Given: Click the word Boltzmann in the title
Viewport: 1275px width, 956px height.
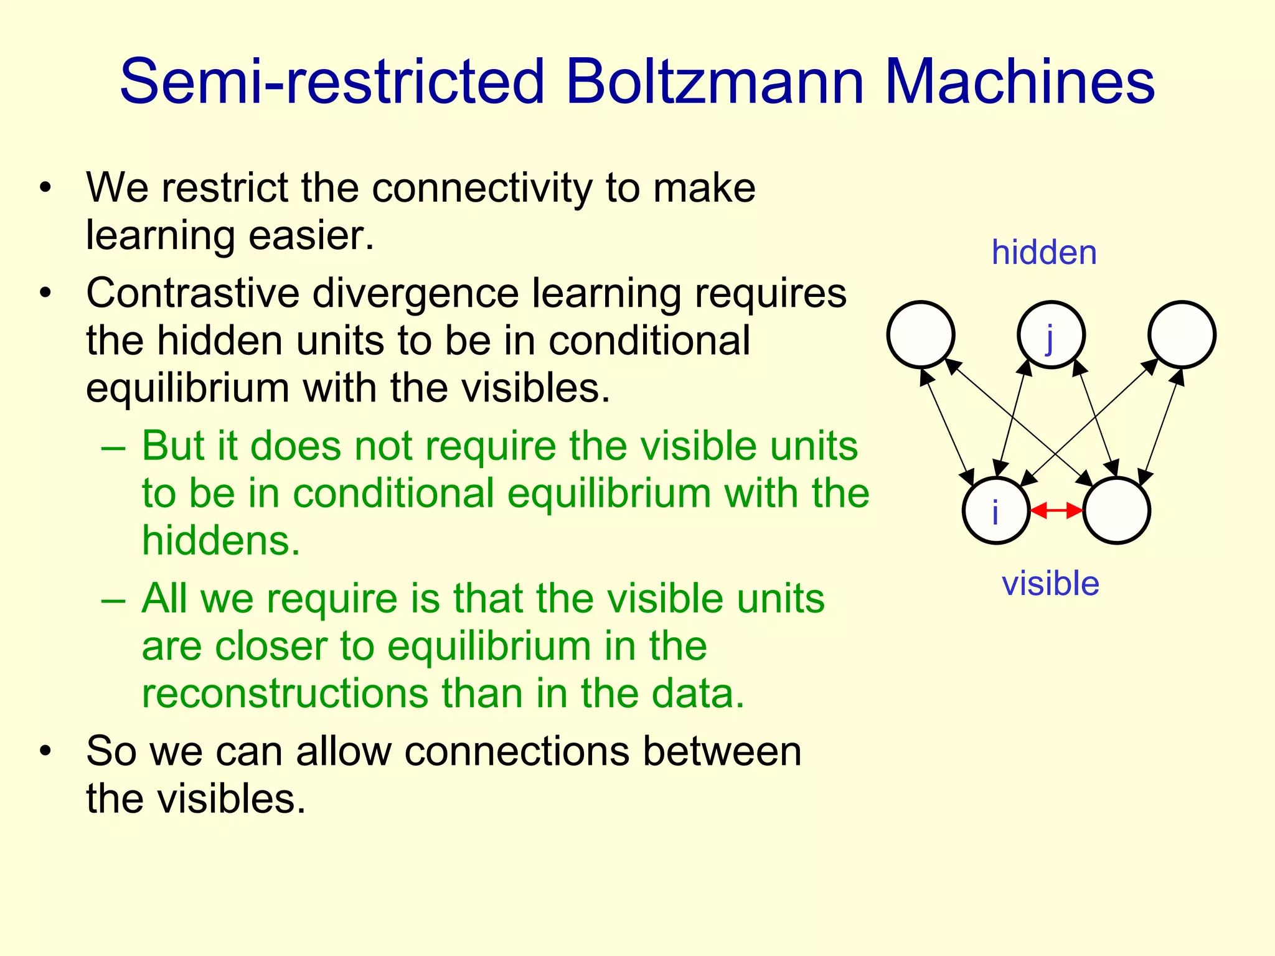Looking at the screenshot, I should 715,82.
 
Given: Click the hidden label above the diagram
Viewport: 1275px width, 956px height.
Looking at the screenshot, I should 1044,253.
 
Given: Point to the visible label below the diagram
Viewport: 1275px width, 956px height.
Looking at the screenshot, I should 1050,584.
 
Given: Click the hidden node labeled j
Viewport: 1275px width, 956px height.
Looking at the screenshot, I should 1051,335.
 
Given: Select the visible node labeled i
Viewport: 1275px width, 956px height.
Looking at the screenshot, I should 996,511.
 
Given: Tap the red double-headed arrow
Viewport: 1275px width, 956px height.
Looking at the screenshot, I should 1056,511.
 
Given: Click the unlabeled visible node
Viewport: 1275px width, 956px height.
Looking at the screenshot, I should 1116,511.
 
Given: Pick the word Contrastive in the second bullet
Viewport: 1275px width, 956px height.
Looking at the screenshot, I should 192,293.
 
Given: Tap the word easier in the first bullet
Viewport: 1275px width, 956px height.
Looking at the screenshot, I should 311,236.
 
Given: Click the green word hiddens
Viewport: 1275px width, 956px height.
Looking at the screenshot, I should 221,540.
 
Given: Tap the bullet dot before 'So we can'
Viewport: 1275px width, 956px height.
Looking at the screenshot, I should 45,751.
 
